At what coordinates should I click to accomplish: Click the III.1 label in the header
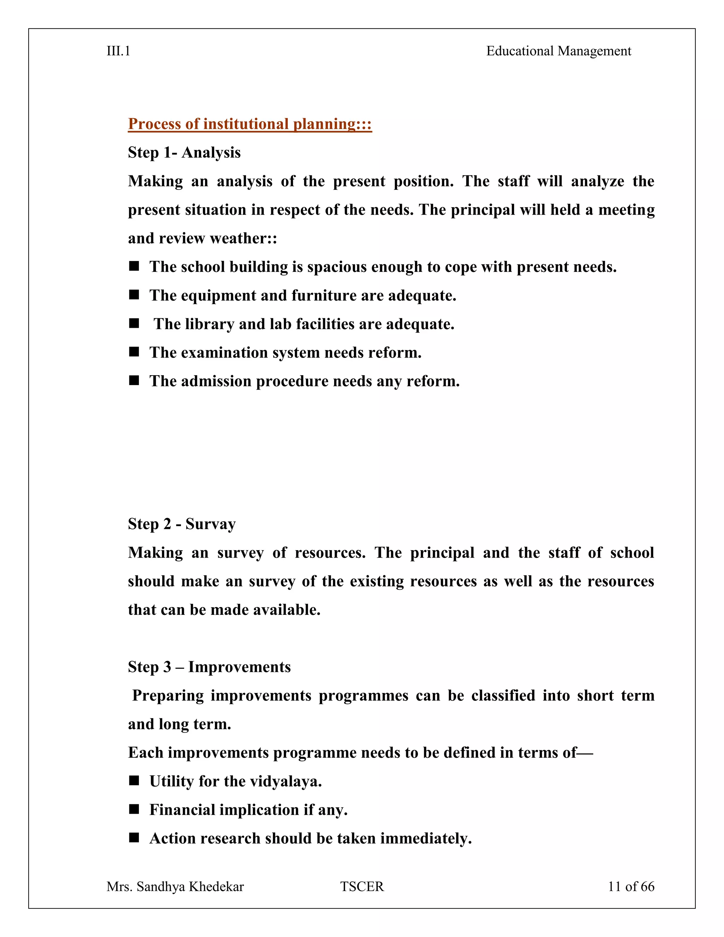(x=118, y=51)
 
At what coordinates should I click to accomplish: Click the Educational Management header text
(x=559, y=51)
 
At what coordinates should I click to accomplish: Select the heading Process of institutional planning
(x=250, y=124)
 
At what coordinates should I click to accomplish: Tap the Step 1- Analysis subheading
(x=184, y=153)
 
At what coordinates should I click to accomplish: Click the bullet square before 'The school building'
(x=134, y=267)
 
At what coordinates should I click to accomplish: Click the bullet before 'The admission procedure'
(x=134, y=380)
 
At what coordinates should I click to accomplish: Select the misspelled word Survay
(x=210, y=524)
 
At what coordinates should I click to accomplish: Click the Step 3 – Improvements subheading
(x=209, y=667)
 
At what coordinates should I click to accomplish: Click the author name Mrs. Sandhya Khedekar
(x=175, y=887)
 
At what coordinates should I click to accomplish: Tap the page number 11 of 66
(x=631, y=887)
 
